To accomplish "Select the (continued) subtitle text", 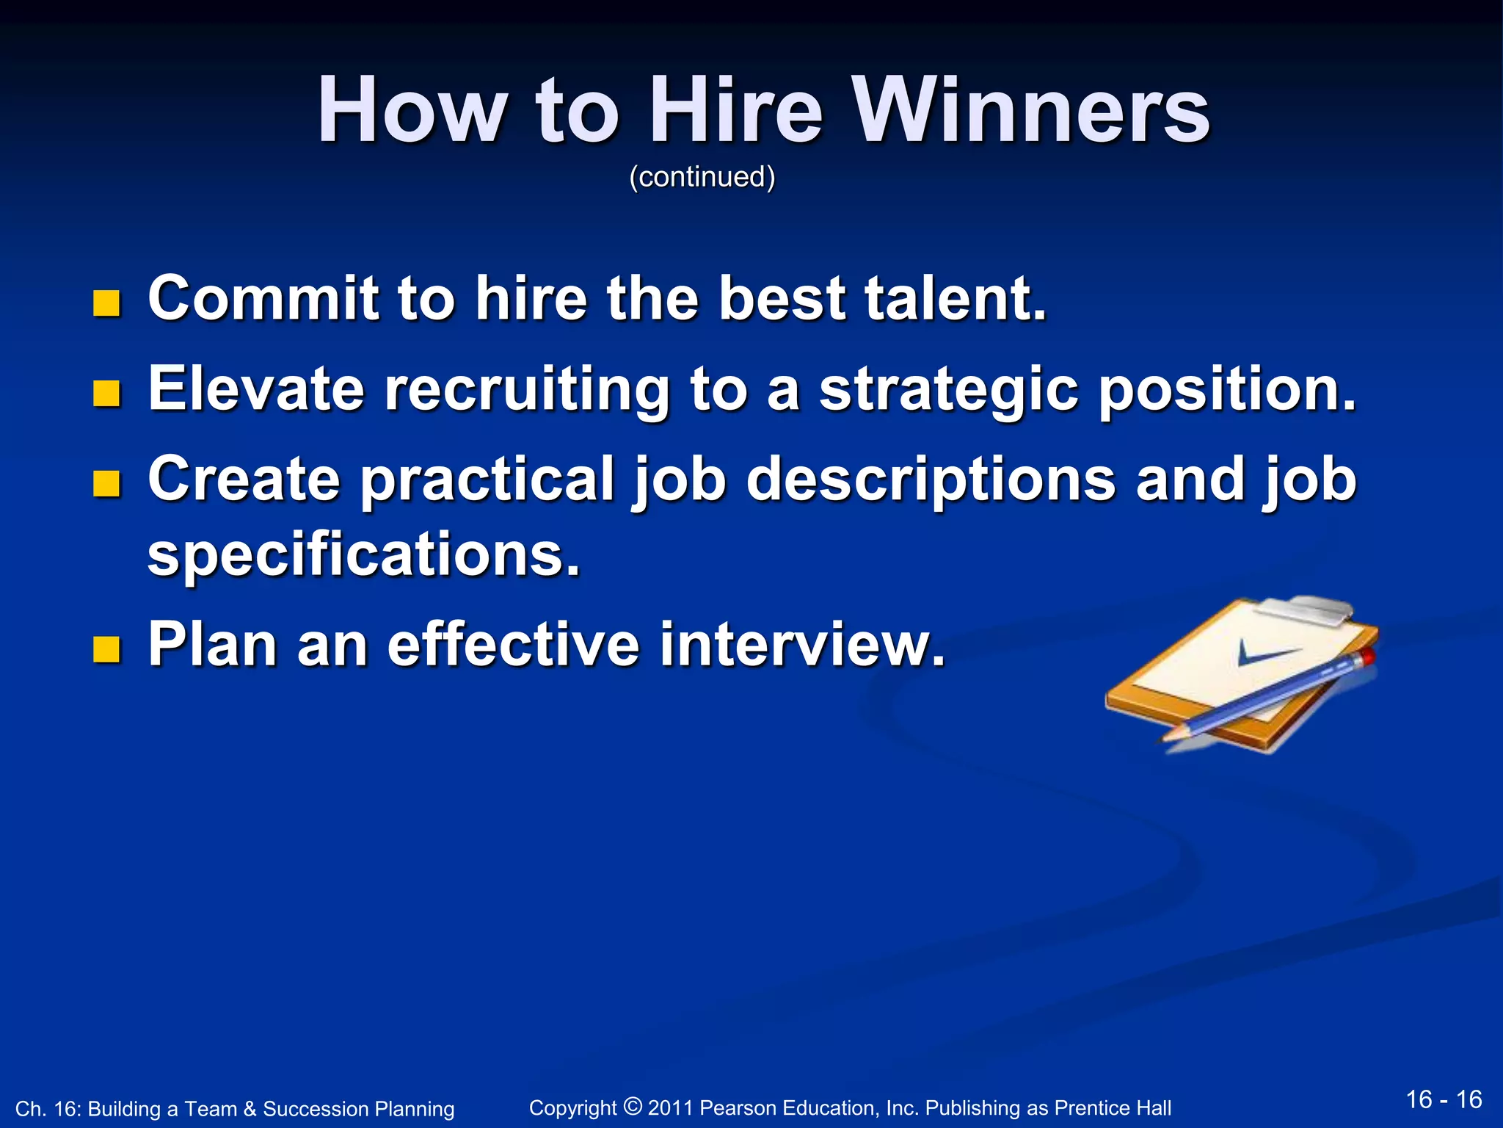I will point(702,177).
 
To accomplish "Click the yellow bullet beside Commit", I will point(107,303).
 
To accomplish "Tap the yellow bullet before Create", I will point(107,484).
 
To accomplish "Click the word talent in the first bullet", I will point(955,298).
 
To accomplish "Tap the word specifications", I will point(364,557).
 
